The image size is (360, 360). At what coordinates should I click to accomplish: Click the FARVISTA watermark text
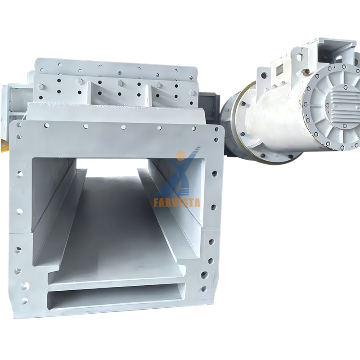click(x=177, y=203)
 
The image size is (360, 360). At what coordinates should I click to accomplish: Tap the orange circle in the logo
click(x=181, y=155)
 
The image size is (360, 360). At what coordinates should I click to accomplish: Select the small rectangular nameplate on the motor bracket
click(x=279, y=70)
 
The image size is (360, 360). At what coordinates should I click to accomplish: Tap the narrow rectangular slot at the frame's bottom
click(x=116, y=297)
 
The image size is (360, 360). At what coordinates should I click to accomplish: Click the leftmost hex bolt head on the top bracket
click(x=40, y=86)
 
